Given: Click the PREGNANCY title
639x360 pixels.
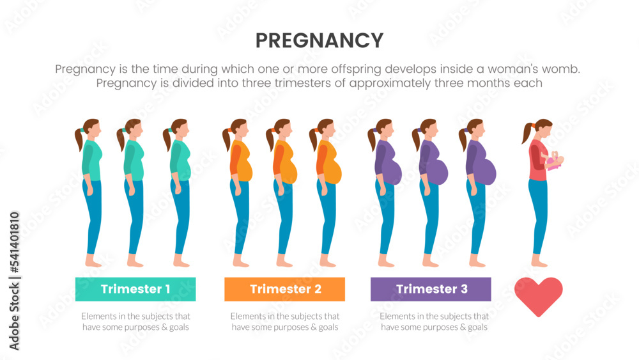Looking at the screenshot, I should pyautogui.click(x=319, y=41).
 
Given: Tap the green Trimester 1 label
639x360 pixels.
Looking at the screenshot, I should pyautogui.click(x=135, y=289).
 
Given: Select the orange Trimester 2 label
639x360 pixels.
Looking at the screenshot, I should pyautogui.click(x=284, y=289).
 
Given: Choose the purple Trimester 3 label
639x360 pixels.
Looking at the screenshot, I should pyautogui.click(x=431, y=289).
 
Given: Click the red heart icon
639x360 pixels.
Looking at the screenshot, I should pyautogui.click(x=538, y=296).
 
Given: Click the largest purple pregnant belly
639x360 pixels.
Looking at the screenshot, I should pyautogui.click(x=486, y=171).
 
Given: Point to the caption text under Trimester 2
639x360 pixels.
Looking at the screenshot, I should pyautogui.click(x=284, y=322).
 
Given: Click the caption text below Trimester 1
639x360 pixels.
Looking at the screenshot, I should pyautogui.click(x=135, y=322).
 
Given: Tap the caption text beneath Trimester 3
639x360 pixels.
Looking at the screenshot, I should pyautogui.click(x=434, y=322).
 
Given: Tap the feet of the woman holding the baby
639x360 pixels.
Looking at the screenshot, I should pyautogui.click(x=539, y=262).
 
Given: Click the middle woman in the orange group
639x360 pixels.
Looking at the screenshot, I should pyautogui.click(x=284, y=192).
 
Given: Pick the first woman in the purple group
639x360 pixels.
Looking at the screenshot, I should pyautogui.click(x=386, y=192).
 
